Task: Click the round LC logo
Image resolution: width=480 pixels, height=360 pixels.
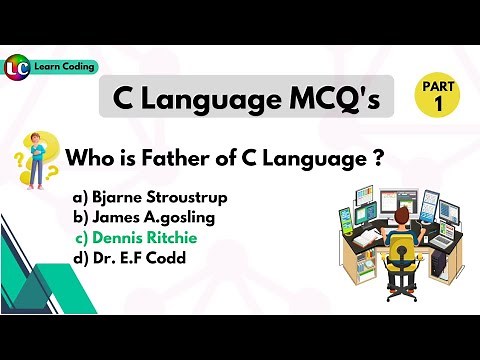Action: pyautogui.click(x=16, y=68)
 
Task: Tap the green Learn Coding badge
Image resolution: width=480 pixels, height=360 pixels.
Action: pyautogui.click(x=66, y=66)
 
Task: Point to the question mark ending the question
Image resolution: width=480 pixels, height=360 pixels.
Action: pyautogui.click(x=381, y=158)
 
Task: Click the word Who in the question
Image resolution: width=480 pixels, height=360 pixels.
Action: pyautogui.click(x=85, y=158)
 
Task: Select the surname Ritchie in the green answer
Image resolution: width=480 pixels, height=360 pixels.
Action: pyautogui.click(x=173, y=238)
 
